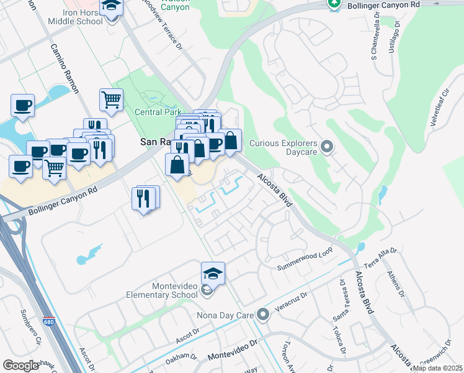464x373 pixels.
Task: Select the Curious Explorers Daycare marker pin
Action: click(328, 147)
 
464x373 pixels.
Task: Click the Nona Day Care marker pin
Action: click(263, 315)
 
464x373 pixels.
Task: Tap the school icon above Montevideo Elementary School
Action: click(213, 274)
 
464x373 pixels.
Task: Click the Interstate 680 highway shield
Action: click(49, 322)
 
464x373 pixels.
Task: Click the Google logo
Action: click(20, 365)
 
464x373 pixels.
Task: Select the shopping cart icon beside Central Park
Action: click(111, 99)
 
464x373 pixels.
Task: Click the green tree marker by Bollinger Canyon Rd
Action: click(334, 4)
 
